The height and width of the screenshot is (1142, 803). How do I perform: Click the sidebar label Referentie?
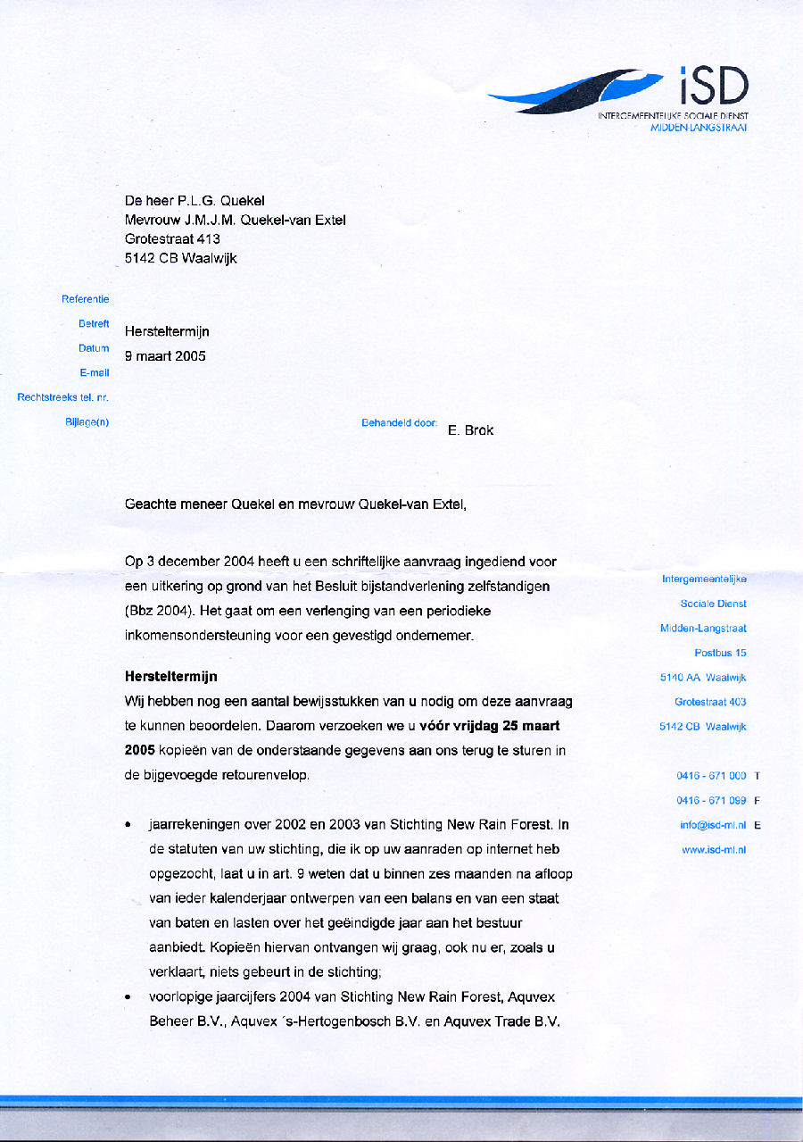coord(85,299)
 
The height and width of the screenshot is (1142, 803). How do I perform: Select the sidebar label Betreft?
coord(94,323)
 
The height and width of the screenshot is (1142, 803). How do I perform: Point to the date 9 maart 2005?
coord(165,355)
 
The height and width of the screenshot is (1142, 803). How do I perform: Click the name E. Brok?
coord(470,429)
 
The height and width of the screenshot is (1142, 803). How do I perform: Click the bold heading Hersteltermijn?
coord(170,677)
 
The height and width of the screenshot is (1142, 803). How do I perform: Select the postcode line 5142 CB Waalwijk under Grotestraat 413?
coord(180,259)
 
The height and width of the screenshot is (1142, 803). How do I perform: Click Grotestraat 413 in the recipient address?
coord(172,239)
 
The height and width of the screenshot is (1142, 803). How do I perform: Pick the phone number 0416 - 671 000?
coord(711,776)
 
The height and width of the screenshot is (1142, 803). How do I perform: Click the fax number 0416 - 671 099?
coord(711,801)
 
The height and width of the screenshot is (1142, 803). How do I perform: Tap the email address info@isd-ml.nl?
coord(713,825)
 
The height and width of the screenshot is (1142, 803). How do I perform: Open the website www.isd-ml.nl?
coord(714,850)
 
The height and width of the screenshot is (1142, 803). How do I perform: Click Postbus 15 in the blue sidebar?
coord(720,654)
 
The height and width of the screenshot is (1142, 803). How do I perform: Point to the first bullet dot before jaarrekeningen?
coord(130,825)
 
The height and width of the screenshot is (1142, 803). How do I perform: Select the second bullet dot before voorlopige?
coord(130,996)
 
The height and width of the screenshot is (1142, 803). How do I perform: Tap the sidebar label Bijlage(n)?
coord(87,421)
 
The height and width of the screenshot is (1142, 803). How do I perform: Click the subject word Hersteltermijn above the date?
coord(167,331)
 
